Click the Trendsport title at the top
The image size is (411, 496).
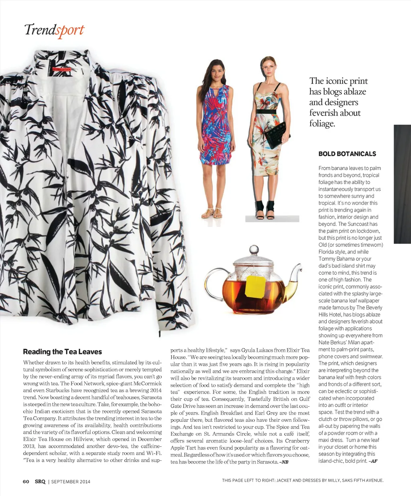point(54,30)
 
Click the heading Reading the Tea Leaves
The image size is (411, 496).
point(62,352)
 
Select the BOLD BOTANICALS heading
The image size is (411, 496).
point(347,154)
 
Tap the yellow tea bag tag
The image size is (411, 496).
point(255,286)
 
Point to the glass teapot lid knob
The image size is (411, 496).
point(254,250)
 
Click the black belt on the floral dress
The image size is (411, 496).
point(266,112)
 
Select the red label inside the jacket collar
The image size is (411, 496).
point(61,69)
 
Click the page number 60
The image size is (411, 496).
point(26,482)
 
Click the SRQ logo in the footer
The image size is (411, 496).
point(40,482)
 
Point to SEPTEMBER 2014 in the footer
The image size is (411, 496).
point(71,482)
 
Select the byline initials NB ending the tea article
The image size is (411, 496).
point(285,462)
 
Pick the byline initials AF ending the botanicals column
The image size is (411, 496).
point(373,461)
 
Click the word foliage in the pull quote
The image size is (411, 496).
point(321,123)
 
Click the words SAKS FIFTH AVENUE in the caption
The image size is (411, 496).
point(363,480)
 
